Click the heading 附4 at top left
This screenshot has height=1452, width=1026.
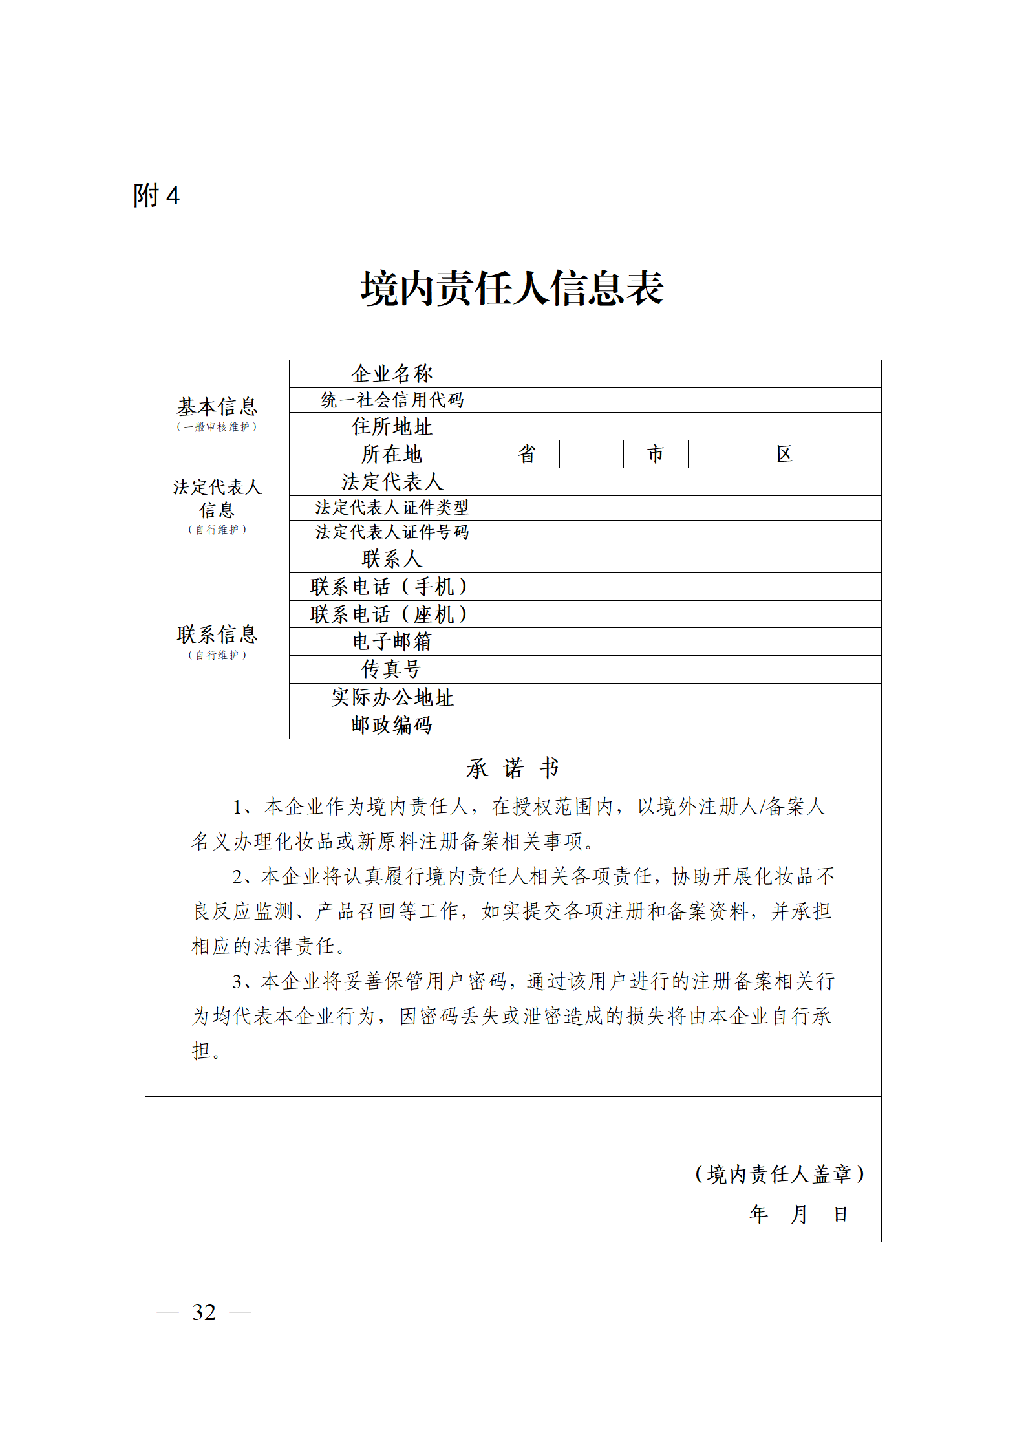156,195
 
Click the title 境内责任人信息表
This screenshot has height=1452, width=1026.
512,288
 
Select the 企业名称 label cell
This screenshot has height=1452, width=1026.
392,374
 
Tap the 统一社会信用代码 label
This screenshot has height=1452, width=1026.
392,400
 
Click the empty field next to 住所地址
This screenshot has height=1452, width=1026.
687,427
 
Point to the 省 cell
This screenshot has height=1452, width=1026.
527,454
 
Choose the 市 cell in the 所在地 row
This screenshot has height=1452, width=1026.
656,454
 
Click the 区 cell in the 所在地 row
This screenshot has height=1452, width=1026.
784,454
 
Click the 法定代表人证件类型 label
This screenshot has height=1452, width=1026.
392,508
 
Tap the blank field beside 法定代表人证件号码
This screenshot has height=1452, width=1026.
687,532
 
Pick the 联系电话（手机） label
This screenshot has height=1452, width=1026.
389,587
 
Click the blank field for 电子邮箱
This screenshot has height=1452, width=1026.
687,642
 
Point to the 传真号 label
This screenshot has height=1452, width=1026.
392,669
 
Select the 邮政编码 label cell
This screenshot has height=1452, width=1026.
392,725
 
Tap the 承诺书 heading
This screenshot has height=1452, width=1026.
512,768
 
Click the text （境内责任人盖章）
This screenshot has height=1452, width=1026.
779,1174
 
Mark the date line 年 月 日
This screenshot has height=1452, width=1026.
798,1214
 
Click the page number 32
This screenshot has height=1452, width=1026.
204,1312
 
